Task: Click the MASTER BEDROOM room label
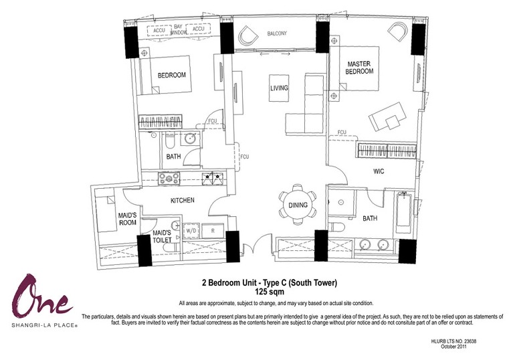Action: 359,68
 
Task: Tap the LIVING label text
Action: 279,88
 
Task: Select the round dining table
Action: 298,205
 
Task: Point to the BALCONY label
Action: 277,33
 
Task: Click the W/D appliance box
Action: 191,231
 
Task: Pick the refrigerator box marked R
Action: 213,231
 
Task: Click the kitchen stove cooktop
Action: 169,179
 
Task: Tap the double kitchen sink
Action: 213,178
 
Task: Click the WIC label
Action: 379,171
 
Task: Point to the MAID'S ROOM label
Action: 128,219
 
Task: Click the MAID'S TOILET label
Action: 162,236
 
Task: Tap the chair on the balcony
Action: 248,36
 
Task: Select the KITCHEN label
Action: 183,200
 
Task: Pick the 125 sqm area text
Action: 270,291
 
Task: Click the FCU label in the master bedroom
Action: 342,132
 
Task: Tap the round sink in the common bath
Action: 191,139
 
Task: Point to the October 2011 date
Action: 453,347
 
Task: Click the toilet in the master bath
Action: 335,226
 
